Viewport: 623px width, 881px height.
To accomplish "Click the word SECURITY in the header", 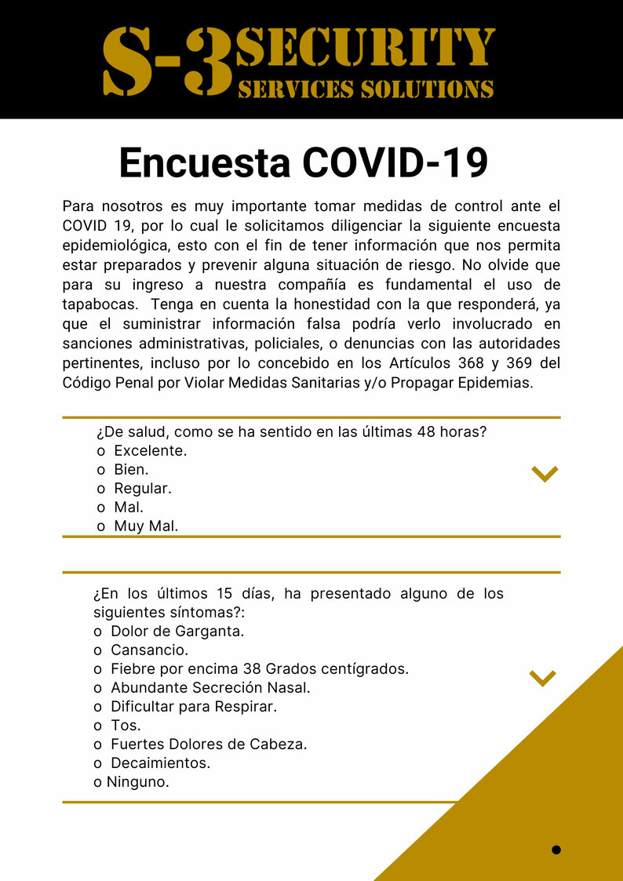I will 366,48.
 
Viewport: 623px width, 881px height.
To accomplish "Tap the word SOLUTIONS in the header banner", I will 427,89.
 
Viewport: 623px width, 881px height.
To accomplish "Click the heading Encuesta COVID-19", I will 303,163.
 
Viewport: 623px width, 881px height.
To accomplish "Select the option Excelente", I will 150,451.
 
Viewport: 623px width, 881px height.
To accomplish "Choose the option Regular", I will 142,489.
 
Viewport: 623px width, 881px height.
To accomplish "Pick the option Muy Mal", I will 146,526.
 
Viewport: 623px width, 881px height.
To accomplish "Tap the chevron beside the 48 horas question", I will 544,473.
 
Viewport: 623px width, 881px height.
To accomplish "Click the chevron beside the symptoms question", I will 542,678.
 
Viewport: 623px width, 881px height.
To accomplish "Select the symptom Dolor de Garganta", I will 177,632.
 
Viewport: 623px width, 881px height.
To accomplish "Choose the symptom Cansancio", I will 149,650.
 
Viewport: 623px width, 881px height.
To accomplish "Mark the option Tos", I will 126,726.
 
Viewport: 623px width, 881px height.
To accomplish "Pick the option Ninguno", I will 137,782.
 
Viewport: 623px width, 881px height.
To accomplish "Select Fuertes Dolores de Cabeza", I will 208,744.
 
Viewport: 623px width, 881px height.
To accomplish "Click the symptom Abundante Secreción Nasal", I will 210,688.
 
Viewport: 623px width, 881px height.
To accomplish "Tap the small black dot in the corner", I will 556,850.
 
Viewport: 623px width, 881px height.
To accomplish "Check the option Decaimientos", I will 160,763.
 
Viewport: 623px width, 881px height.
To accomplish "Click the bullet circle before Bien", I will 100,471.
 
